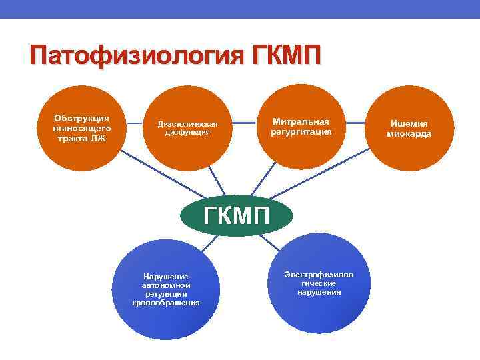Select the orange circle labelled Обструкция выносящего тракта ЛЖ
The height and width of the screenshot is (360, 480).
pos(82,127)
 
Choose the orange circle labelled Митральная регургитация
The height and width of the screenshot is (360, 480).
pos(301,127)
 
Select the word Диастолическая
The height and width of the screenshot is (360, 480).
pos(187,123)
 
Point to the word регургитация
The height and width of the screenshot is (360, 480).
pos(301,131)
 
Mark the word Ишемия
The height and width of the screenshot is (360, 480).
pos(409,123)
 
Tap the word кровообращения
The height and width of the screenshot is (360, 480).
pos(167,303)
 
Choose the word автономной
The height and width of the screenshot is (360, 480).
pos(167,285)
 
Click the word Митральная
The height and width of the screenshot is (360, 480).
pos(301,121)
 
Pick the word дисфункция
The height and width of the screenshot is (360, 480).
pos(187,131)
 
